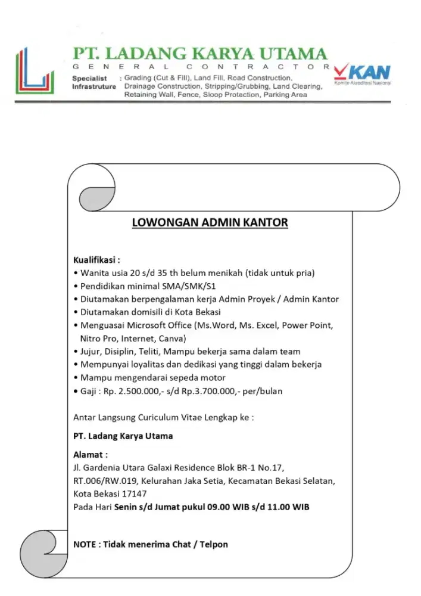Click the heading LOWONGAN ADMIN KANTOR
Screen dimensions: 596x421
tap(210, 222)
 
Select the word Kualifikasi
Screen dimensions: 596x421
tap(95, 260)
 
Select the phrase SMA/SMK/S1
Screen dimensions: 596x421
tap(186, 286)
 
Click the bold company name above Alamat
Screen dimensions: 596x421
tap(123, 436)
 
